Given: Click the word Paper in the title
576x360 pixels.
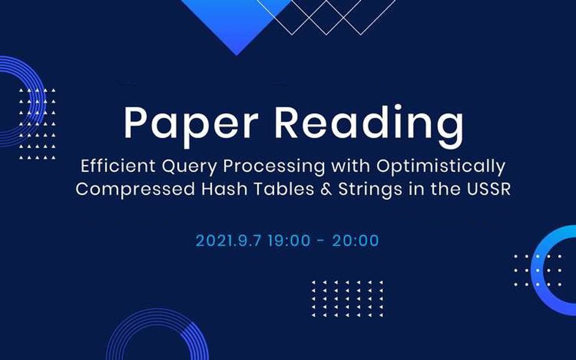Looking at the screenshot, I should point(191,124).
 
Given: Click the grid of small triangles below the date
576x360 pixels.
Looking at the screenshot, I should point(347,298).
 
